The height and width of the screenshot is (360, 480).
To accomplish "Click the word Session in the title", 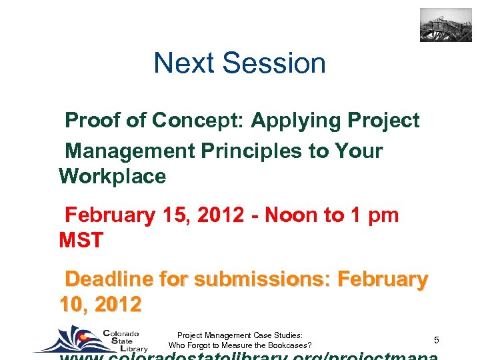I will (274, 63).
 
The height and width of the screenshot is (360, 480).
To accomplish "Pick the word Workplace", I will (112, 177).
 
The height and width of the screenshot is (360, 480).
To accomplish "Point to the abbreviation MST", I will (81, 240).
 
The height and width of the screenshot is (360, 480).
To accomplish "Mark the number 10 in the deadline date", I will (71, 305).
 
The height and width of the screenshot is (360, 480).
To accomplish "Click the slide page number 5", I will (436, 341).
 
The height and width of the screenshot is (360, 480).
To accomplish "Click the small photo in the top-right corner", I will (445, 25).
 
